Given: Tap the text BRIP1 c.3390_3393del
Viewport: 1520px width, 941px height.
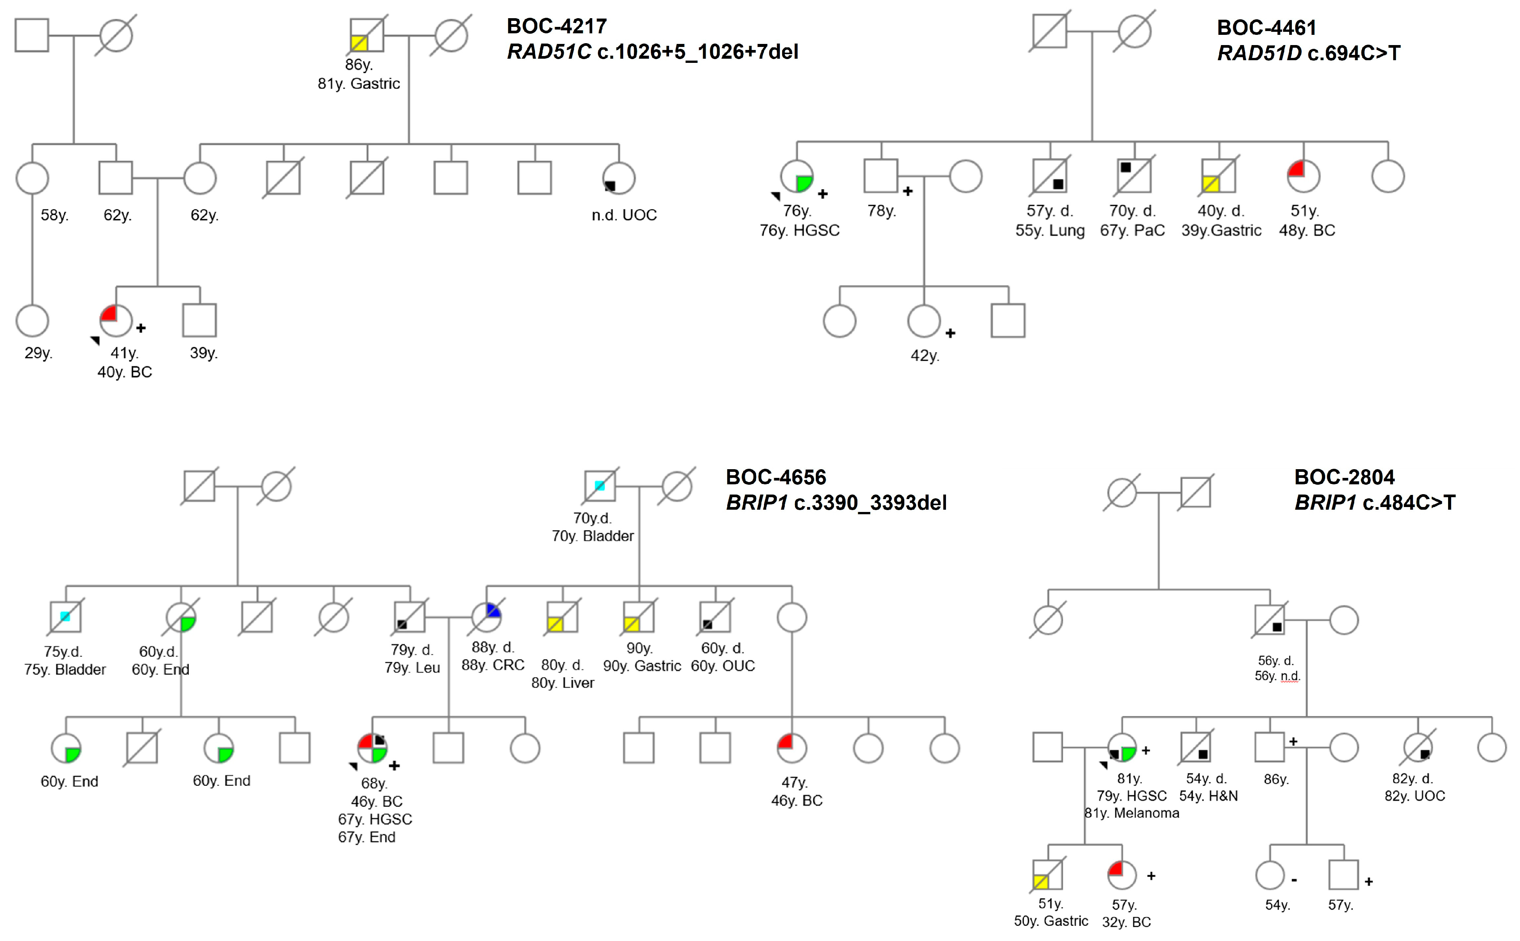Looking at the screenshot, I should point(836,503).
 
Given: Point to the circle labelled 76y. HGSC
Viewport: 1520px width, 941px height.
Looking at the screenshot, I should point(797,177).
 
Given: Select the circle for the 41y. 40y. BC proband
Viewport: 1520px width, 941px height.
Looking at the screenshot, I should point(116,320).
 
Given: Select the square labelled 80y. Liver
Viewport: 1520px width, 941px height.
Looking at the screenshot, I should point(562,617).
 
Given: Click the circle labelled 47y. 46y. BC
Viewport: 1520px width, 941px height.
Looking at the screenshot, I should point(792,748).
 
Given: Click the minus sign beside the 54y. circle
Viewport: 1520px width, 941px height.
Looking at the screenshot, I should point(1294,880).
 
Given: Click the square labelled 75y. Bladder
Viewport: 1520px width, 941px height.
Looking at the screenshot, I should point(65,617).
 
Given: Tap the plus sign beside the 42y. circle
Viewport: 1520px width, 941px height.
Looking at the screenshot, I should point(950,334).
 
